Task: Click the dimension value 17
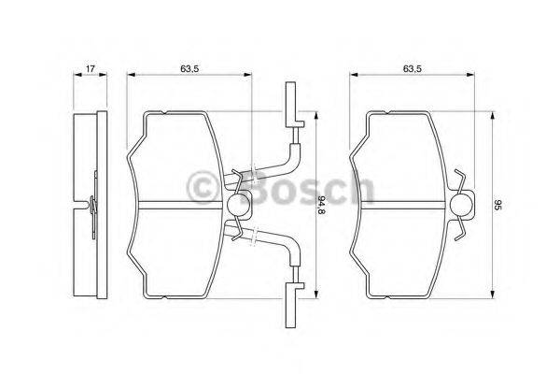click(x=90, y=67)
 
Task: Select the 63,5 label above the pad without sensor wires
click(x=414, y=67)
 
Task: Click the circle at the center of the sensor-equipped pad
click(x=237, y=205)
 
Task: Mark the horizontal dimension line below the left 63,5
click(x=190, y=78)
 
